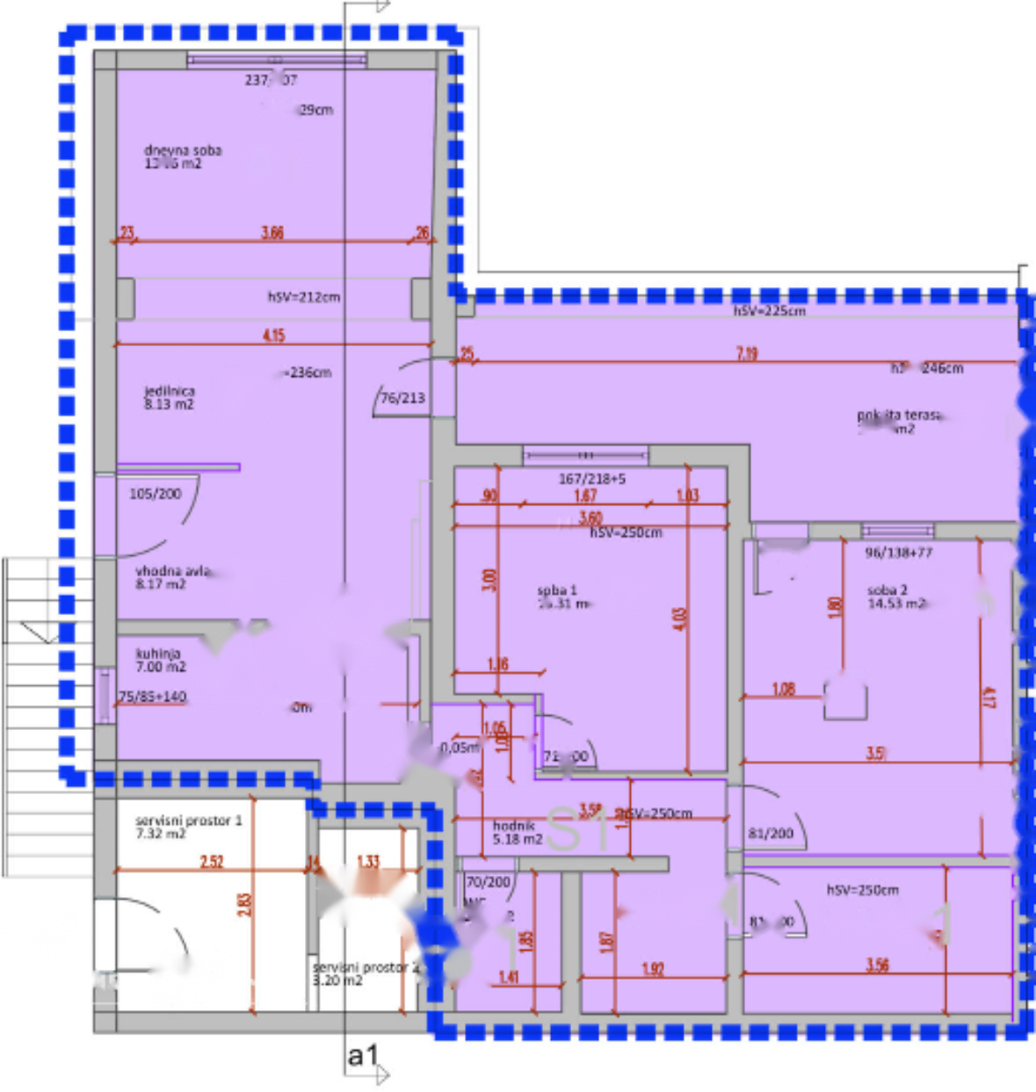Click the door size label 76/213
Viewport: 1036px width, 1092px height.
[402, 398]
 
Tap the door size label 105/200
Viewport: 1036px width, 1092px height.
[155, 494]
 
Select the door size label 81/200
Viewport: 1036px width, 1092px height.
[770, 833]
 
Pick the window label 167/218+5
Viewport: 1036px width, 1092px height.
[591, 479]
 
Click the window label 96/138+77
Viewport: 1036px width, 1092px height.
[898, 553]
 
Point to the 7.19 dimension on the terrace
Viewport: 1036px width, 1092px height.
[747, 353]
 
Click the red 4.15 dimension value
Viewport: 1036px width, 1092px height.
[273, 335]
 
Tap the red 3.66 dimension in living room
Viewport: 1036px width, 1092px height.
[272, 232]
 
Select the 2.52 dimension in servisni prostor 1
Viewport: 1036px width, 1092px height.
[212, 861]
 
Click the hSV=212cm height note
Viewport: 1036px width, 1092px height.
[303, 297]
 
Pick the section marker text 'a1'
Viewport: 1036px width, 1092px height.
[362, 1054]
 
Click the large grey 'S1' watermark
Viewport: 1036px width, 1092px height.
[576, 828]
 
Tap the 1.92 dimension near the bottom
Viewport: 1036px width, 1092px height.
[653, 969]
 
